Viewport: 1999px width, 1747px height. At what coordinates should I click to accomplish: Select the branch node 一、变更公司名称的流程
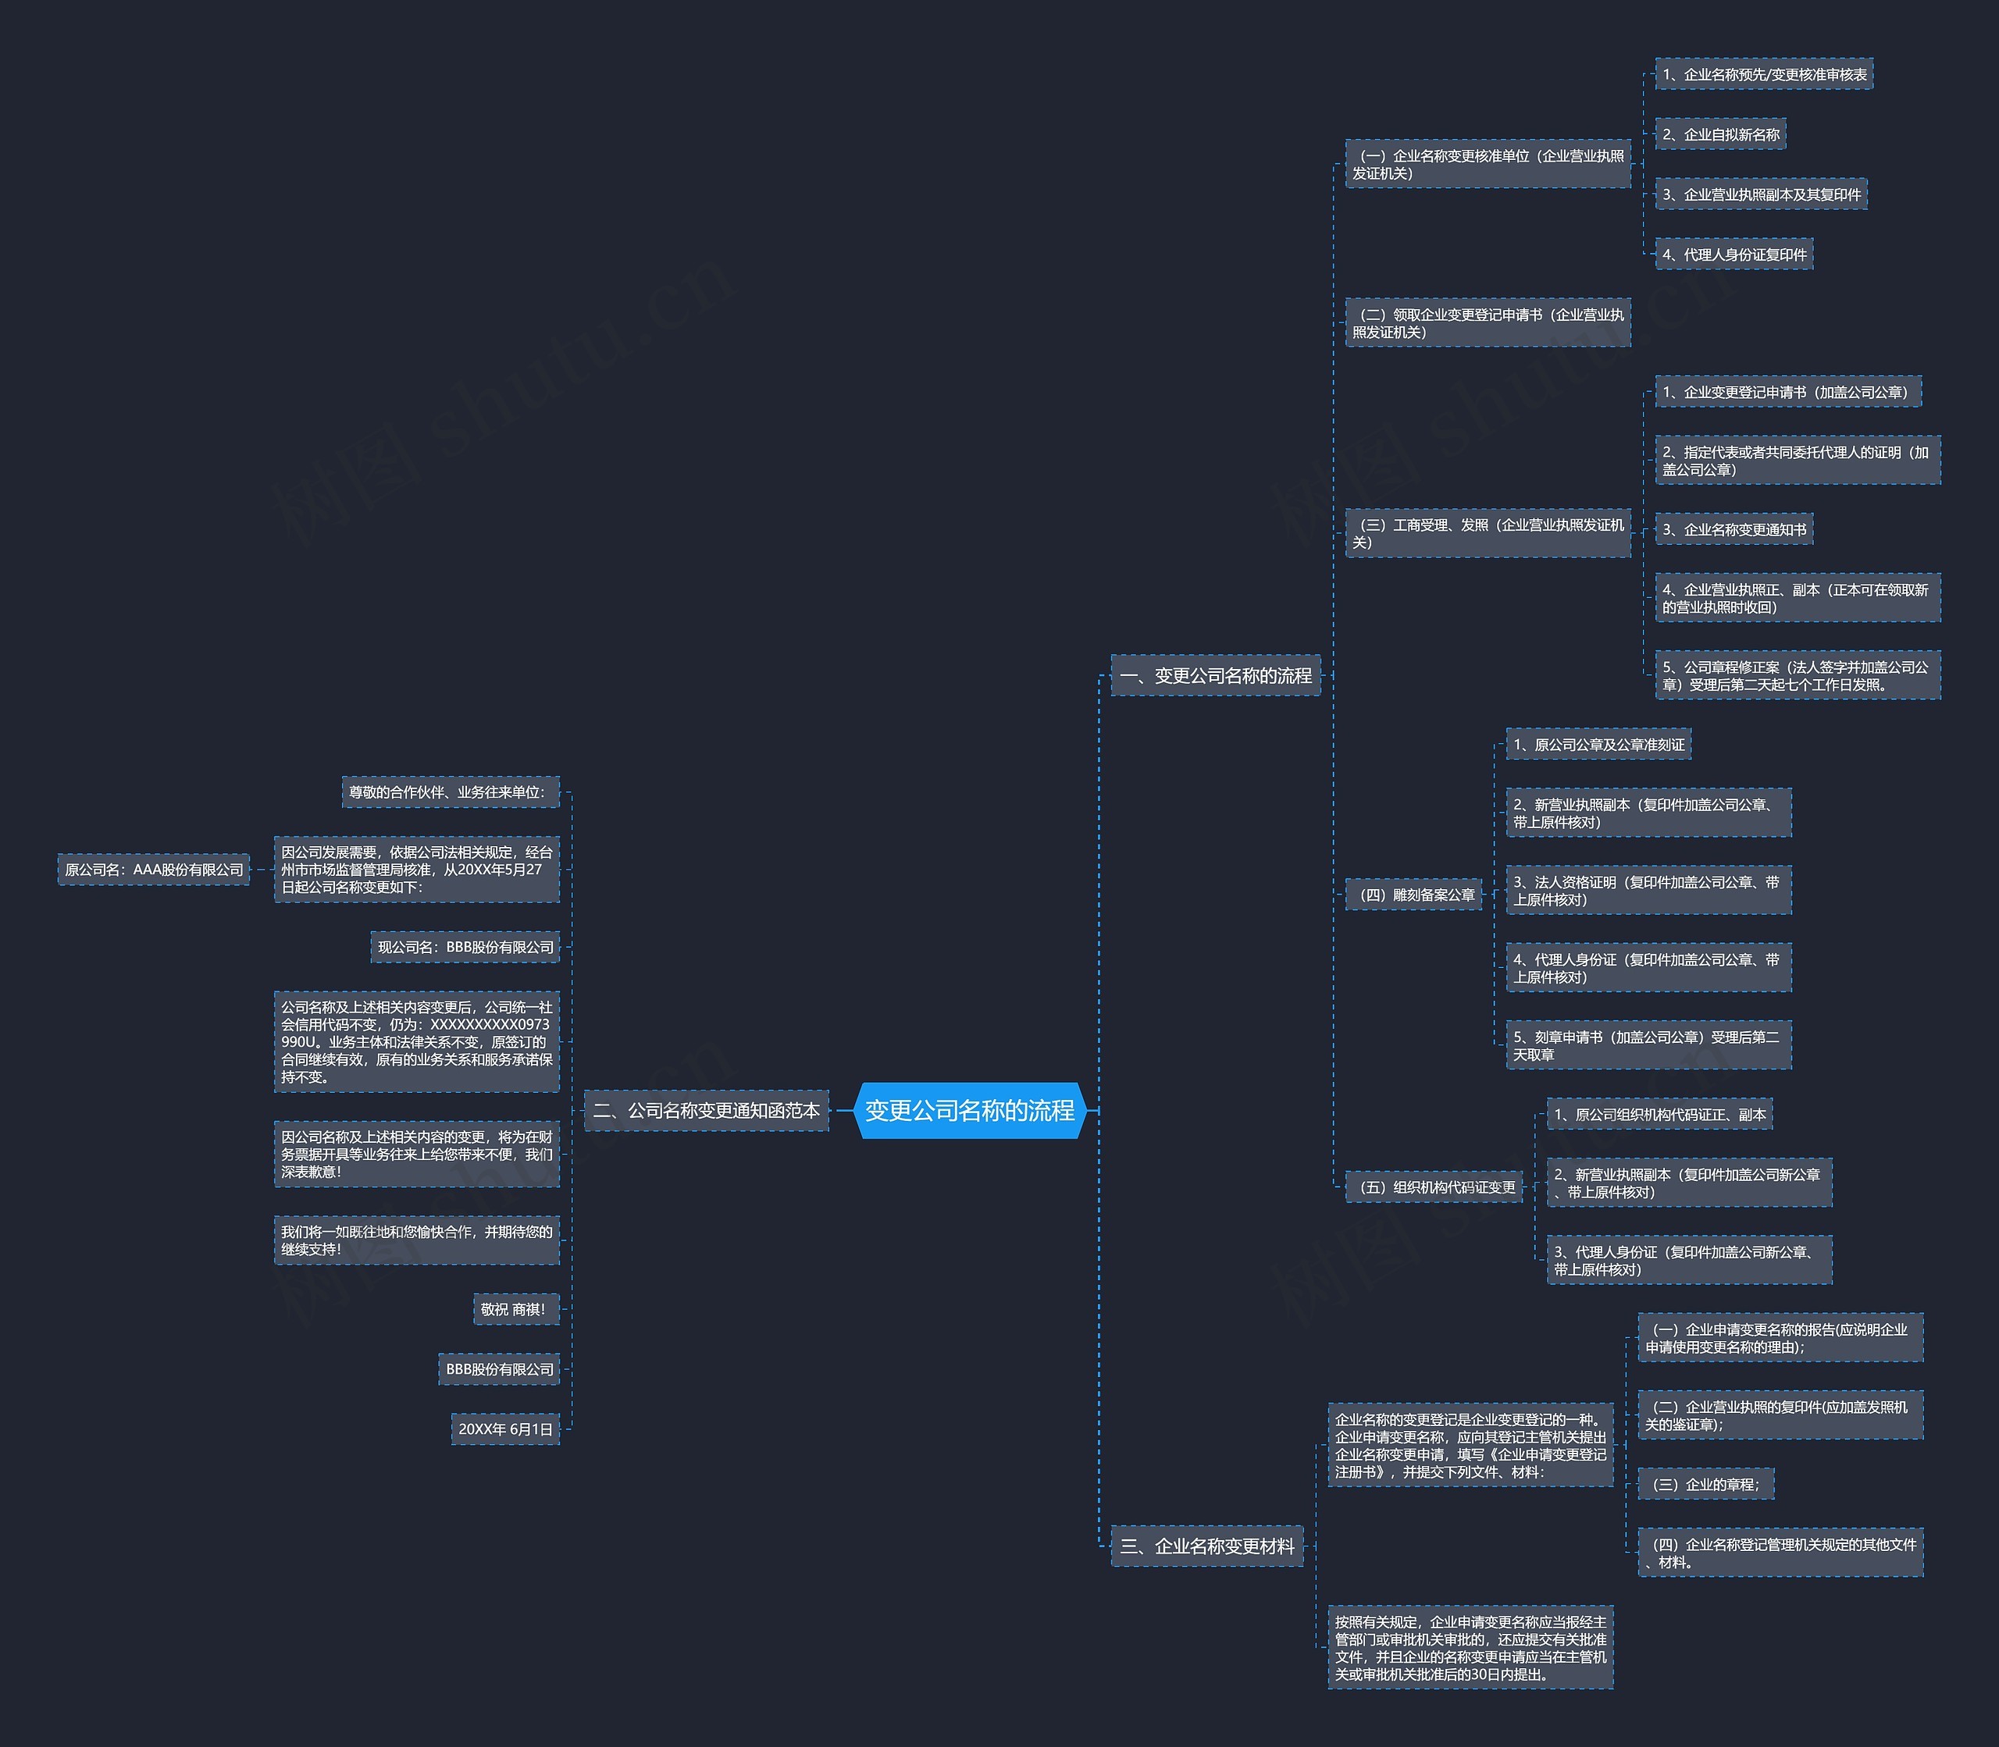1215,675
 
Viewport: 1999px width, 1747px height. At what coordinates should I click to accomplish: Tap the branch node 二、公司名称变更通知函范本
706,1110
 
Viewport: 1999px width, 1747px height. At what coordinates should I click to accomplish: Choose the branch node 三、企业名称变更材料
1207,1546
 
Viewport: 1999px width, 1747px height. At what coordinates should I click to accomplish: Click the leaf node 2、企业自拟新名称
1721,134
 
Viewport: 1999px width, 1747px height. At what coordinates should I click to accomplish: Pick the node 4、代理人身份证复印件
1735,254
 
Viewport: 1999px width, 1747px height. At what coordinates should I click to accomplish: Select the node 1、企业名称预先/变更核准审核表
1764,74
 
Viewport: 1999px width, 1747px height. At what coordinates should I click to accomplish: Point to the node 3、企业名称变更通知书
1735,529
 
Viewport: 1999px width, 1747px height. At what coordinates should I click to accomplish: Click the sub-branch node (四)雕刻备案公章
1414,895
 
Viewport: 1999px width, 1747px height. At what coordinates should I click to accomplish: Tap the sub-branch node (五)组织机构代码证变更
1434,1187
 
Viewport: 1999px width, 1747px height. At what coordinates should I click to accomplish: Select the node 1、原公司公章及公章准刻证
1599,745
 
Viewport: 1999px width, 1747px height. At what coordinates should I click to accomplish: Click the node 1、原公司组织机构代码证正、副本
1659,1114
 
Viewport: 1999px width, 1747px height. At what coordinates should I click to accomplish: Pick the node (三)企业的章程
1705,1485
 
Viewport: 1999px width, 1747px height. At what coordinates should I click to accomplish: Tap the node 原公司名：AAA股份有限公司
154,870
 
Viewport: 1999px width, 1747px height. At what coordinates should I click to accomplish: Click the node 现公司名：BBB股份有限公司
465,947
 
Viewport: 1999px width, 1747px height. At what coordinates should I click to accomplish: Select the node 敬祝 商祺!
516,1309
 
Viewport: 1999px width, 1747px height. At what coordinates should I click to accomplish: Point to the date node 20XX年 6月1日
505,1429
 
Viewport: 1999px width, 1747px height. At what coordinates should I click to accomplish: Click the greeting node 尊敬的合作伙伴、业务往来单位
451,792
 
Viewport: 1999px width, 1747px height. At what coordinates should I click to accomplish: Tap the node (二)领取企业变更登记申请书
1488,322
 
